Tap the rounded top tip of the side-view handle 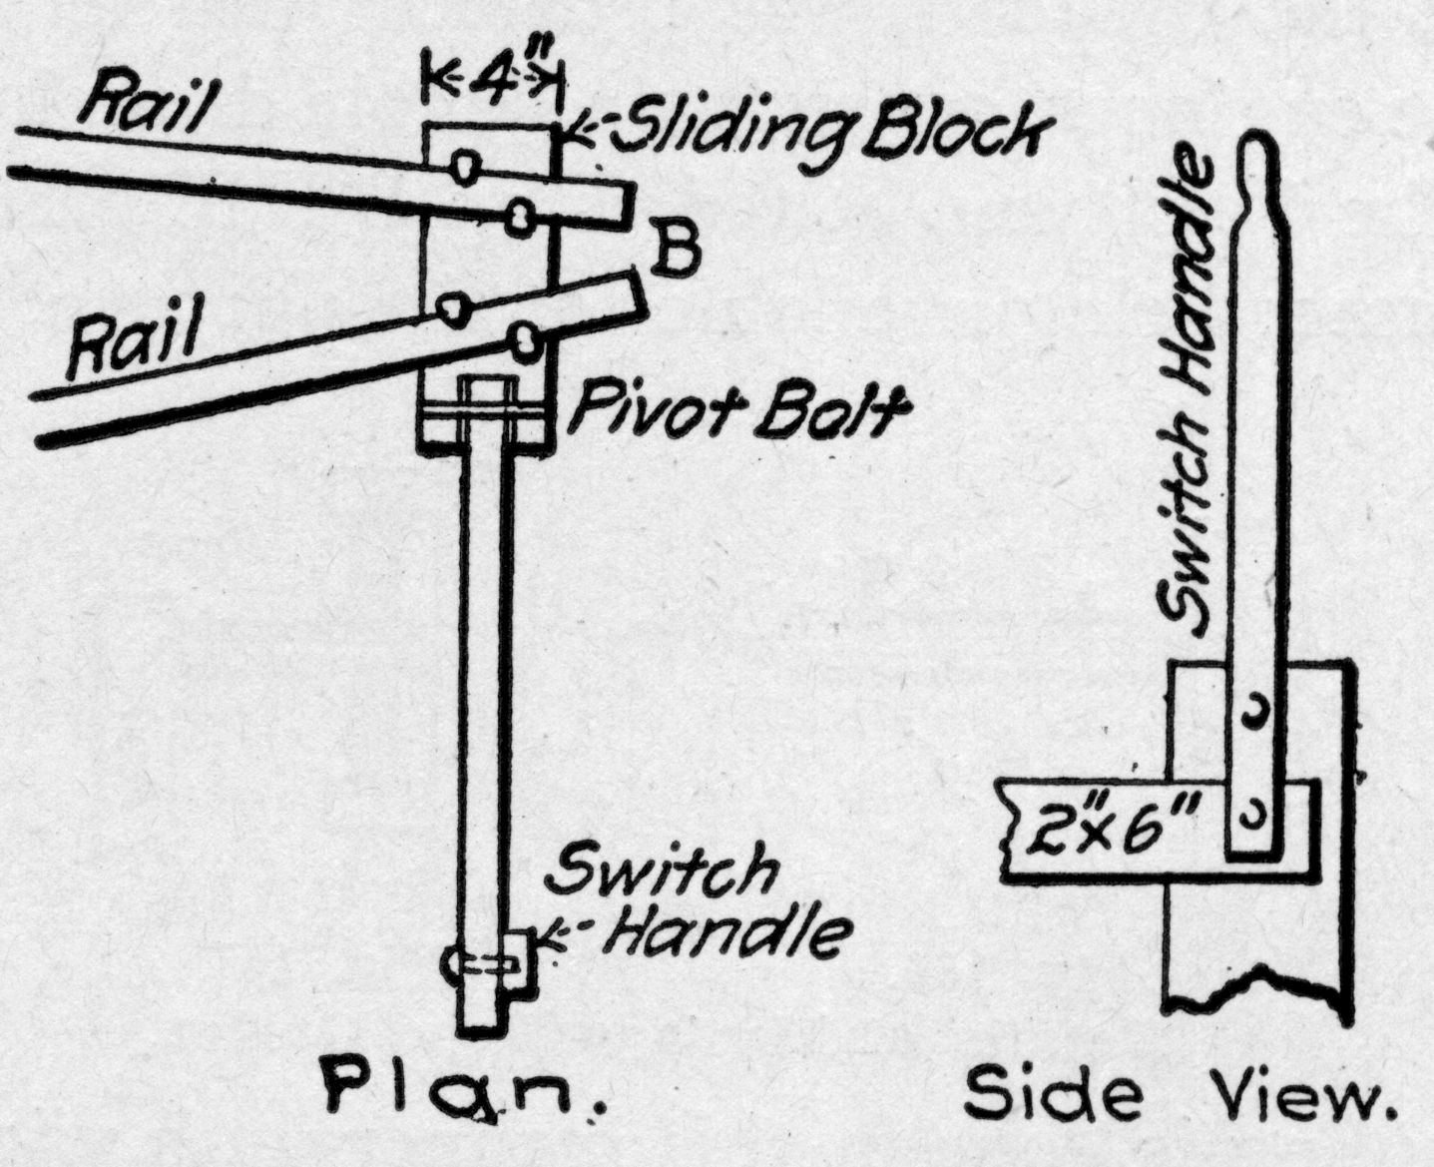(x=1259, y=150)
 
